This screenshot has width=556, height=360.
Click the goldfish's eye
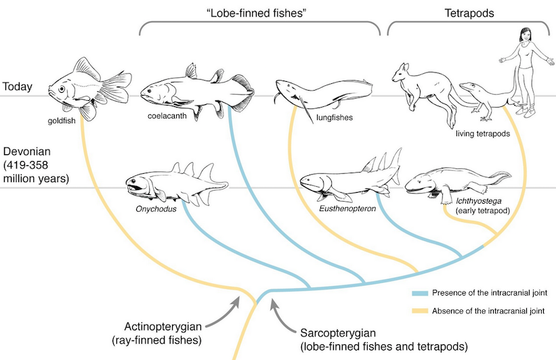click(x=62, y=89)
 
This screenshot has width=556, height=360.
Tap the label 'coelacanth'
click(x=167, y=116)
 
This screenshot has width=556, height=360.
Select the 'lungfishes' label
click(x=335, y=117)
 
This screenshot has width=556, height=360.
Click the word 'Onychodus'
click(x=156, y=208)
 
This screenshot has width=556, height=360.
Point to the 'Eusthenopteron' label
click(x=347, y=208)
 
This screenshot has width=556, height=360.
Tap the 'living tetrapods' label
click(x=483, y=133)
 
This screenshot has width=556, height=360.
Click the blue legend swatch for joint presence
click(x=420, y=294)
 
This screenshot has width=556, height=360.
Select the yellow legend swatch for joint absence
click(x=420, y=311)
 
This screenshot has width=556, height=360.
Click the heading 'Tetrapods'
click(x=469, y=13)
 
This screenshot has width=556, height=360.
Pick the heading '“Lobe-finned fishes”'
click(x=256, y=13)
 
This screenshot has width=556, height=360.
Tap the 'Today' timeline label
click(x=18, y=87)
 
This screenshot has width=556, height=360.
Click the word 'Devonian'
click(x=27, y=152)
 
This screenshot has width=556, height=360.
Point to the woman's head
click(x=526, y=35)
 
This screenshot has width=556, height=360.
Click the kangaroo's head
click(x=401, y=72)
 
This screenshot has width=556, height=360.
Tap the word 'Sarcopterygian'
click(x=338, y=333)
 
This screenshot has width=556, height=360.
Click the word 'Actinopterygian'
click(x=163, y=326)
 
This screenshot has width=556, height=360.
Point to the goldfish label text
click(x=62, y=121)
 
